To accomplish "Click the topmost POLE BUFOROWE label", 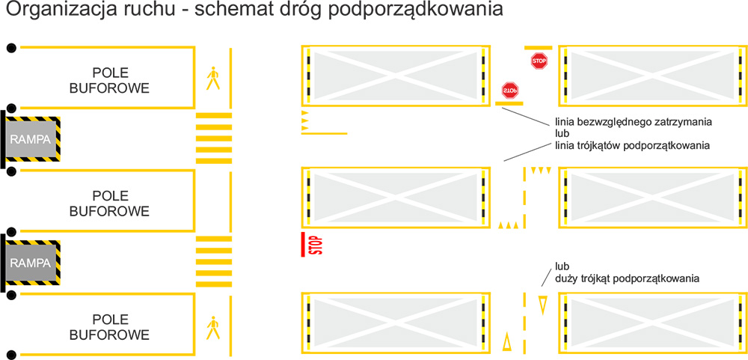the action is pos(110,80).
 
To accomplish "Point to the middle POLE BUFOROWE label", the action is pos(110,204).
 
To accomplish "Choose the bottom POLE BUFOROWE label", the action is pos(110,326).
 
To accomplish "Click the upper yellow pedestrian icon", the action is pos(212,79).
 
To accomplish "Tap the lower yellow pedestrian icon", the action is pos(212,328).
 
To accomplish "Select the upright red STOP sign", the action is pos(539,61).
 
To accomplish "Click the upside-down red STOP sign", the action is pos(509,90).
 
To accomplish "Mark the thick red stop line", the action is pos(303,245).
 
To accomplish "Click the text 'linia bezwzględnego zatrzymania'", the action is pos(634,122).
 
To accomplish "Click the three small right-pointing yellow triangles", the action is pos(305,120).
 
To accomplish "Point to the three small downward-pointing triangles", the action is pos(541,170).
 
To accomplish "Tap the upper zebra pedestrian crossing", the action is pos(214,138).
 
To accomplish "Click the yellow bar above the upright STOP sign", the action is pos(538,48).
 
